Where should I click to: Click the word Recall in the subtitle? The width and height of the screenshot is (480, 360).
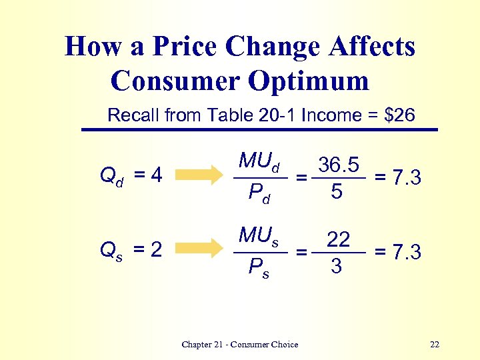[133, 115]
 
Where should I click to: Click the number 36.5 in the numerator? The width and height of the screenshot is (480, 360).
[339, 164]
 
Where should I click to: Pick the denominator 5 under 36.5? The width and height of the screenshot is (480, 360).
[337, 193]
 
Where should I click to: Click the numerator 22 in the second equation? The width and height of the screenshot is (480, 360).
[339, 239]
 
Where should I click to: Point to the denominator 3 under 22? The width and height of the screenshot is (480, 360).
[337, 267]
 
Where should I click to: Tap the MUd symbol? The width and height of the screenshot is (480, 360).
[259, 162]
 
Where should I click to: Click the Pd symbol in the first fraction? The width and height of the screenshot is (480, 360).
[259, 194]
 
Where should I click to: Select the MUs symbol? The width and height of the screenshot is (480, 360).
[259, 237]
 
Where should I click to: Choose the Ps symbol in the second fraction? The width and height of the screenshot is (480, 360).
[259, 269]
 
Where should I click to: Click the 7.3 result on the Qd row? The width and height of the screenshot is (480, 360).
[405, 177]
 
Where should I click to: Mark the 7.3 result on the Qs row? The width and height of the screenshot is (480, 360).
[405, 253]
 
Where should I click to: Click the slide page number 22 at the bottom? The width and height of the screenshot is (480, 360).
[435, 345]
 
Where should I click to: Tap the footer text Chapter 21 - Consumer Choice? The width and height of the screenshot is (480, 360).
[240, 345]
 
